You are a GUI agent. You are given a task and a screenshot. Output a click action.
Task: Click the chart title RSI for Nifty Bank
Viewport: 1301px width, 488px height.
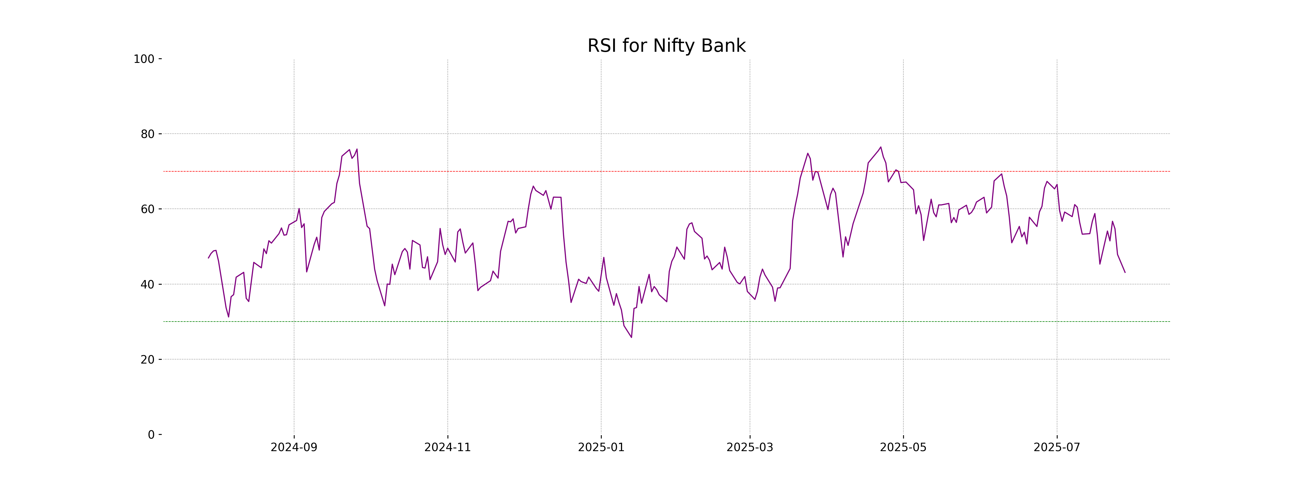point(666,46)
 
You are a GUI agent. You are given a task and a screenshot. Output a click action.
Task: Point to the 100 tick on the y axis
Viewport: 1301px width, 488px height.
point(144,59)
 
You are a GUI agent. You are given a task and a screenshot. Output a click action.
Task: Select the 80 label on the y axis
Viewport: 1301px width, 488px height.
point(147,134)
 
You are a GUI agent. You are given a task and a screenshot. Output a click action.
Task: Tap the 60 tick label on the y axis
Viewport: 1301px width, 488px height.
point(147,209)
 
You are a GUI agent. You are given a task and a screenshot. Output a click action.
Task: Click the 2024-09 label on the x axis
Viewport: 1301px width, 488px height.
point(294,448)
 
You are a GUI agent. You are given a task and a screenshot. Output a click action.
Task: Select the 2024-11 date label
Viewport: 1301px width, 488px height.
point(447,448)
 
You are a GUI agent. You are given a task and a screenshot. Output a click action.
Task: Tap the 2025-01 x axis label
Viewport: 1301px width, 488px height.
point(601,448)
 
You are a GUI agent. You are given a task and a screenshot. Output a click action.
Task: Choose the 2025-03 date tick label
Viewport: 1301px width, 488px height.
point(749,448)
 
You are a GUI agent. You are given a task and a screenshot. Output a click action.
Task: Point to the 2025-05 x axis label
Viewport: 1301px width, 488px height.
point(903,448)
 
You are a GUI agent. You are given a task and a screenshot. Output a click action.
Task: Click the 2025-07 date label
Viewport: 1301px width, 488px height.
point(1057,448)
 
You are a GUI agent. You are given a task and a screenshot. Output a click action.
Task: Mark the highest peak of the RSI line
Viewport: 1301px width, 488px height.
point(881,147)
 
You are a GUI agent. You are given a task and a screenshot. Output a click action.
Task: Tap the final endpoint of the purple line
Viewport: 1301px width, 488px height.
point(1125,272)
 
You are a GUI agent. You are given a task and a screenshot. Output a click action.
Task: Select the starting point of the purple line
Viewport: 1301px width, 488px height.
point(208,258)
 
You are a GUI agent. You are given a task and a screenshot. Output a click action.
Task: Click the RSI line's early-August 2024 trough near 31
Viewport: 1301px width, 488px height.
point(228,317)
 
